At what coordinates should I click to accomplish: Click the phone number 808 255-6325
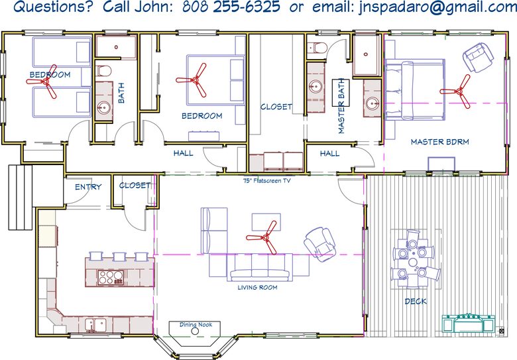pyautogui.click(x=231, y=6)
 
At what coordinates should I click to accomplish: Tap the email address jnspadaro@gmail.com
pyautogui.click(x=437, y=7)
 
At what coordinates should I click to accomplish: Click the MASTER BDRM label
pyautogui.click(x=440, y=142)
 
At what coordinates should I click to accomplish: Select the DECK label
pyautogui.click(x=416, y=301)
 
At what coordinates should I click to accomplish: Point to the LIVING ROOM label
pyautogui.click(x=258, y=288)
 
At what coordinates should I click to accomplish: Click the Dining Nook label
pyautogui.click(x=196, y=324)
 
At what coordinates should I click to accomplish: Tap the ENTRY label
pyautogui.click(x=88, y=187)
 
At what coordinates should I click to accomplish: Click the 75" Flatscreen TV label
pyautogui.click(x=266, y=180)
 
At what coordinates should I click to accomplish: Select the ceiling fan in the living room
pyautogui.click(x=264, y=237)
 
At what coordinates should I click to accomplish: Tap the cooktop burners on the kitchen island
pyautogui.click(x=111, y=277)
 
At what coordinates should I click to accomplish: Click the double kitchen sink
pyautogui.click(x=95, y=324)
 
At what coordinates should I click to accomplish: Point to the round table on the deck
pyautogui.click(x=413, y=263)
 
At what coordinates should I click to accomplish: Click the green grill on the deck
pyautogui.click(x=468, y=323)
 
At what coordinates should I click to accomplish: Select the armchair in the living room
pyautogui.click(x=320, y=244)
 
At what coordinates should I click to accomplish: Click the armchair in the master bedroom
pyautogui.click(x=478, y=58)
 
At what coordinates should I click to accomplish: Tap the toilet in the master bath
pyautogui.click(x=317, y=48)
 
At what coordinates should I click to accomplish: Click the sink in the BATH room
pyautogui.click(x=104, y=107)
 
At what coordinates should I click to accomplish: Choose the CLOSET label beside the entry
pyautogui.click(x=135, y=185)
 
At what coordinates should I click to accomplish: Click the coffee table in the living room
pyautogui.click(x=266, y=222)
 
